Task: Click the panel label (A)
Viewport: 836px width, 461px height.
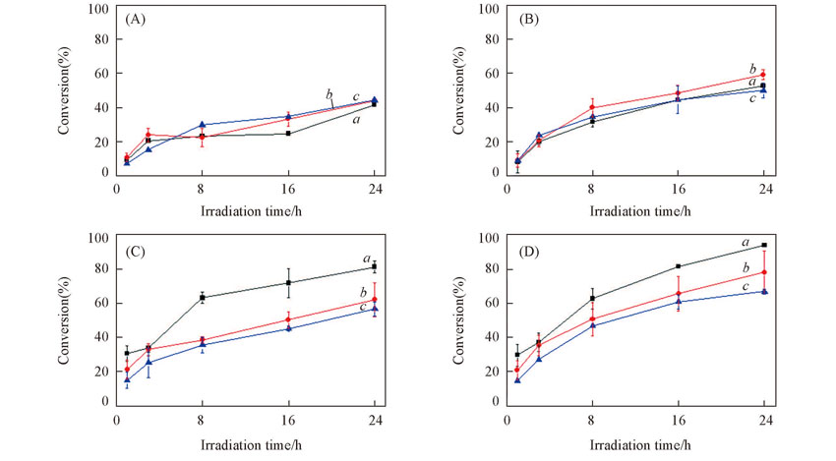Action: click(x=136, y=20)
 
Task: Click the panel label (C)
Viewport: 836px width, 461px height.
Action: click(x=136, y=250)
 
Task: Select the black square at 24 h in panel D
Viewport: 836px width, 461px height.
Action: click(x=763, y=245)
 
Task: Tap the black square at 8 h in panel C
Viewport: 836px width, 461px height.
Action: click(x=202, y=297)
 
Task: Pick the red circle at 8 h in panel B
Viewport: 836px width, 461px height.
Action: click(x=592, y=107)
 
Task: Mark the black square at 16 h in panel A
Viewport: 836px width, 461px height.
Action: click(x=288, y=133)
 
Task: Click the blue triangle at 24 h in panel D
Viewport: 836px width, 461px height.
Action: click(x=763, y=291)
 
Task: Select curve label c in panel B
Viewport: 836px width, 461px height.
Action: click(x=752, y=97)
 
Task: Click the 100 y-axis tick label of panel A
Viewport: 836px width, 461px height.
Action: click(x=98, y=9)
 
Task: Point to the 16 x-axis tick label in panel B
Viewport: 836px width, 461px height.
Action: click(x=678, y=188)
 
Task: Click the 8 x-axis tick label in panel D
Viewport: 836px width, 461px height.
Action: click(x=592, y=418)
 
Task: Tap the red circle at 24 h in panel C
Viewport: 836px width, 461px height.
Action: click(x=374, y=300)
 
